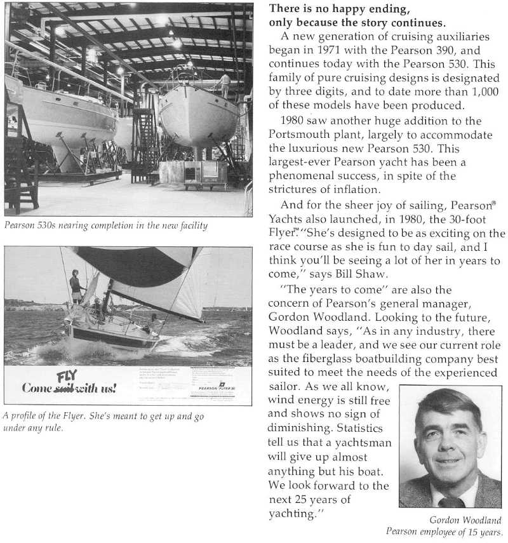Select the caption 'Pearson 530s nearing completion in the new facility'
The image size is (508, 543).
point(105,226)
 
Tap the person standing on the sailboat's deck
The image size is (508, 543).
point(76,286)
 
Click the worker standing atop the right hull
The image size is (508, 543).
point(225,84)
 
